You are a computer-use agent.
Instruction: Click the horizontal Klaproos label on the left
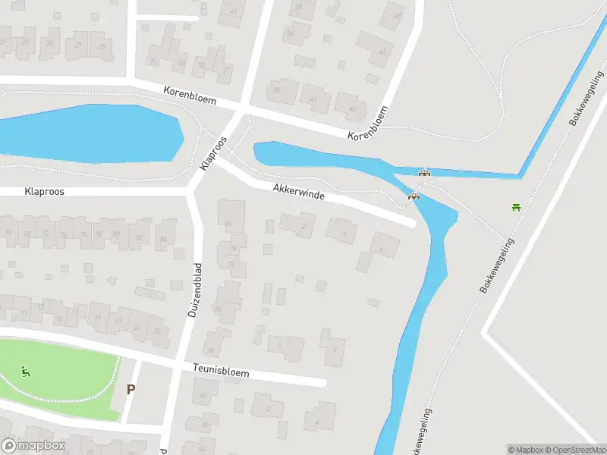coord(44,193)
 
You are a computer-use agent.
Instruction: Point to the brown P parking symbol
coord(131,390)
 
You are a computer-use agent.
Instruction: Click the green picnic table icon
coord(517,206)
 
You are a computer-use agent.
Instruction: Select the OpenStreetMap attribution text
coord(574,450)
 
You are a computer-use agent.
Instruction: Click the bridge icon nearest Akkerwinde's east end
coord(414,199)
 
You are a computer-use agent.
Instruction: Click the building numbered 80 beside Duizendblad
coord(229,222)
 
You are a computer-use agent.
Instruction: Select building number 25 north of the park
coord(157,331)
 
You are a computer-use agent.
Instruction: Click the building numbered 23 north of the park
coord(137,328)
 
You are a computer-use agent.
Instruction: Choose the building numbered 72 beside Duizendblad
coord(219,309)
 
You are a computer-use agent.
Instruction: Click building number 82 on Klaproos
coord(139,237)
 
